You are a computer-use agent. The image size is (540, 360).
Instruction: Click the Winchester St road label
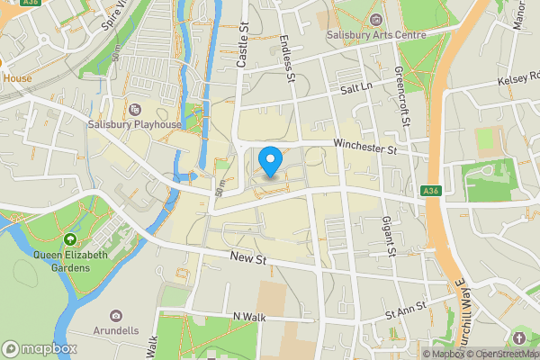click(364, 148)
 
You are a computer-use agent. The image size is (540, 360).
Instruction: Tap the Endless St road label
click(288, 58)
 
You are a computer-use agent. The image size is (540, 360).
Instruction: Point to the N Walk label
click(252, 316)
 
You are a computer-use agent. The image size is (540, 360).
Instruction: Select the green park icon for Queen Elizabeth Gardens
click(70, 239)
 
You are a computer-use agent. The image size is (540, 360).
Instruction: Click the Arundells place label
click(115, 330)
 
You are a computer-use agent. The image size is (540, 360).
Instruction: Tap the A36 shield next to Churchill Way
click(431, 190)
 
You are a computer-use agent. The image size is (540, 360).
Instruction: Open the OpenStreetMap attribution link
click(499, 354)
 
